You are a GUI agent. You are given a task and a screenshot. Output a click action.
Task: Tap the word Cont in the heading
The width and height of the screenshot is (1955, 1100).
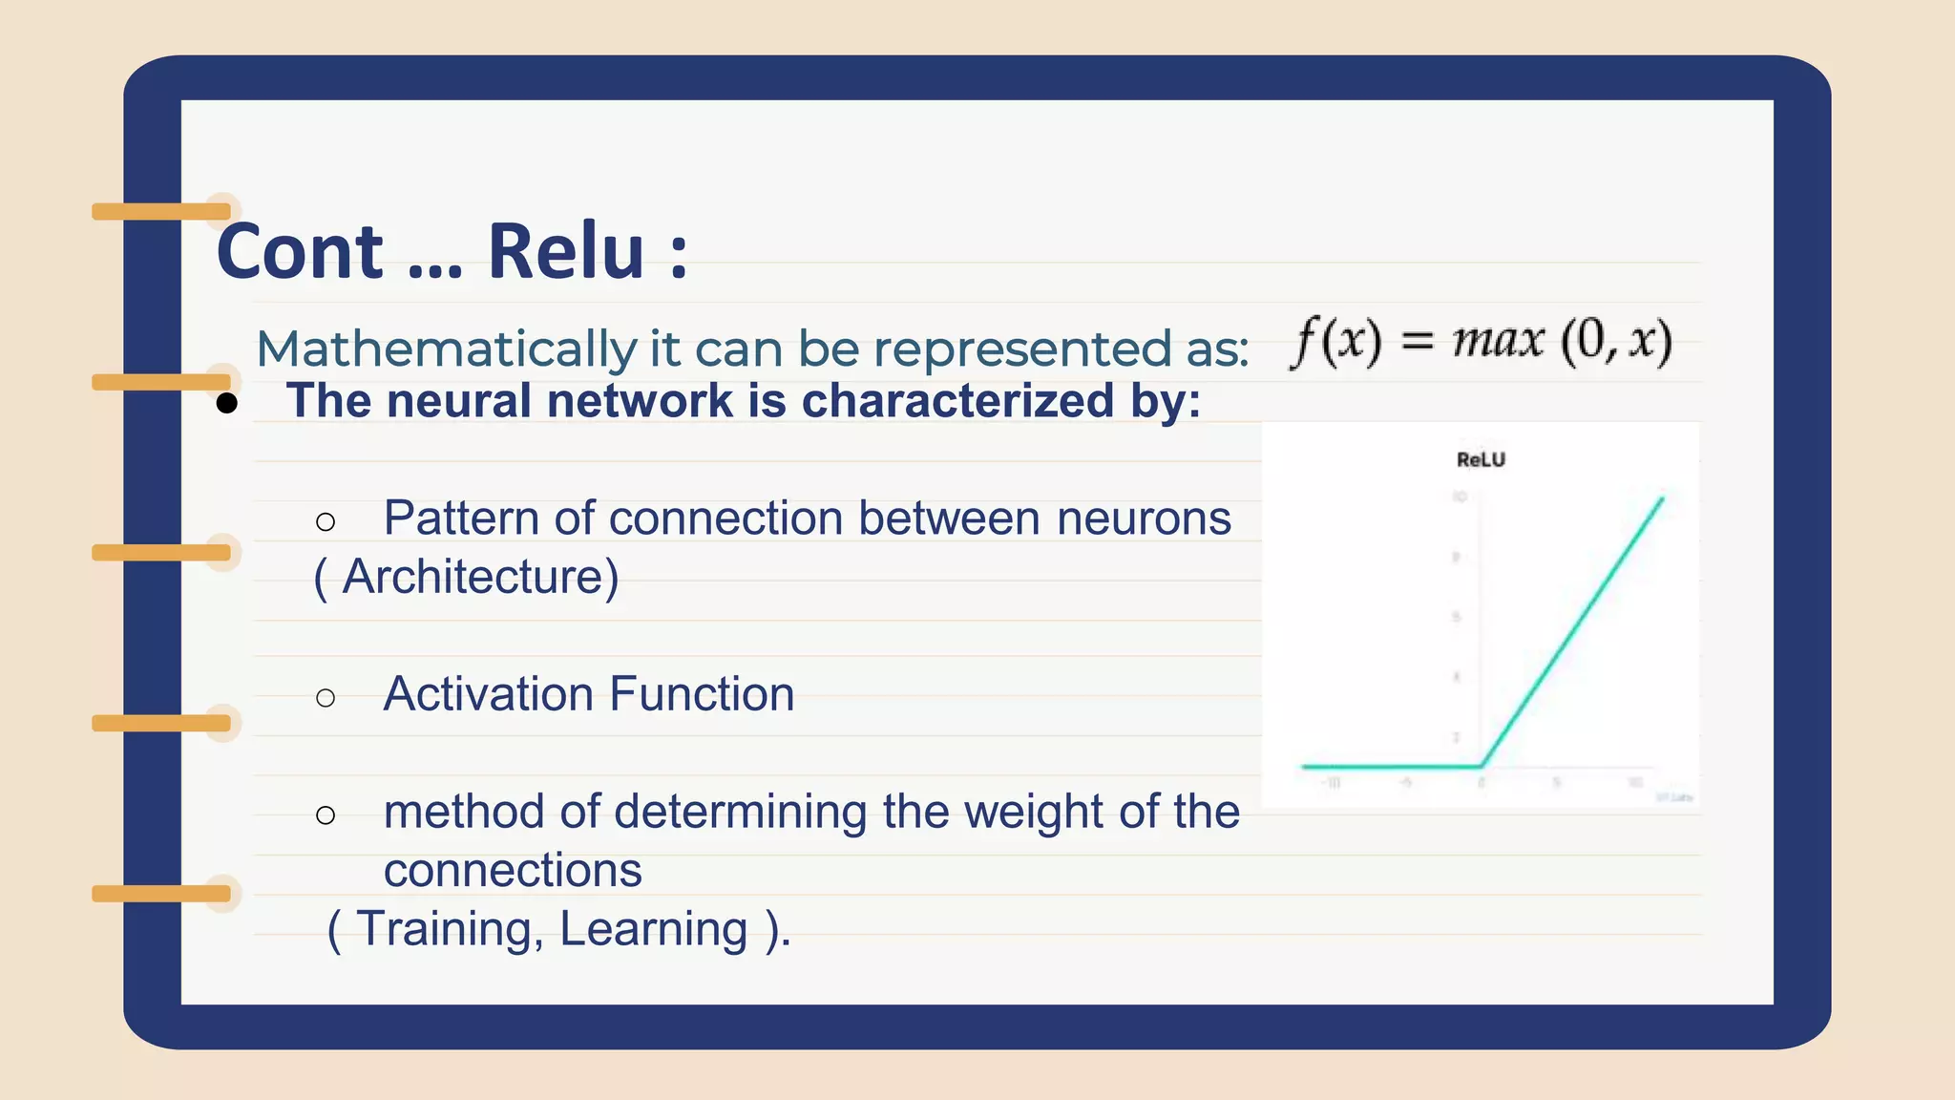coord(299,253)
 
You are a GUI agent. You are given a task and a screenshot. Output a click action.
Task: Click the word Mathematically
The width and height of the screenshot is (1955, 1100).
coord(446,349)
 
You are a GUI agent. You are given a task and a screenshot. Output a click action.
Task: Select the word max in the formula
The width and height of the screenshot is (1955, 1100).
coord(1498,341)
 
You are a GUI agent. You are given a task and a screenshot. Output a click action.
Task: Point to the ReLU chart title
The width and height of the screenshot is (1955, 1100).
coord(1481,459)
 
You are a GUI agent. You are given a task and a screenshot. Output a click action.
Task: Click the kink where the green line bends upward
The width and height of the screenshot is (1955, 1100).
coord(1482,766)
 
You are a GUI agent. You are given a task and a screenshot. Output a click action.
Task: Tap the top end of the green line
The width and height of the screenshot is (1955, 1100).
coord(1662,498)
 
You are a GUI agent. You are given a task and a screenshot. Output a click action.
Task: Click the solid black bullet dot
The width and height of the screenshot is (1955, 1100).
coord(226,403)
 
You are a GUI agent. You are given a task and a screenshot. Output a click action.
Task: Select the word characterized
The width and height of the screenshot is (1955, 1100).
coord(957,400)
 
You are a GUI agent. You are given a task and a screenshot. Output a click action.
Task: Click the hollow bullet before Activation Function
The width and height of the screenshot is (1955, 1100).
coord(326,698)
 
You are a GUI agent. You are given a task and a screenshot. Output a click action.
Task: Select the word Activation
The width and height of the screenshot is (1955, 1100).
coord(488,694)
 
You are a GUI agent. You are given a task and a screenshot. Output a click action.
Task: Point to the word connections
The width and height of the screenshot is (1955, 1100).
coord(513,870)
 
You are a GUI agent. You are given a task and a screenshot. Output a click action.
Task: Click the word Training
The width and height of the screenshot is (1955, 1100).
coord(444,929)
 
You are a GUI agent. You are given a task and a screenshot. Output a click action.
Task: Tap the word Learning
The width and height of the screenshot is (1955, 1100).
coord(653,929)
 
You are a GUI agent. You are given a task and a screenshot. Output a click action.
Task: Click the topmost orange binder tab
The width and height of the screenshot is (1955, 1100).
coord(161,211)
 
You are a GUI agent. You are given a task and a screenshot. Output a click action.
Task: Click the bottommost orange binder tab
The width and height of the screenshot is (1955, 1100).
coord(161,894)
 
